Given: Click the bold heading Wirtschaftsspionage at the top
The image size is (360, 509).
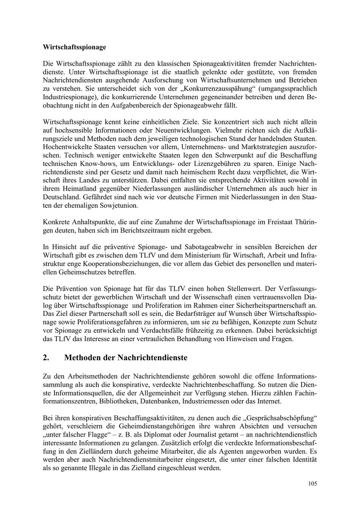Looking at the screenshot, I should (x=74, y=47).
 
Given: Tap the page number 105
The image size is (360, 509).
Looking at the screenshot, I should (x=312, y=483).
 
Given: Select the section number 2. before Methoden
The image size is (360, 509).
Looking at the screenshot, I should (x=46, y=358).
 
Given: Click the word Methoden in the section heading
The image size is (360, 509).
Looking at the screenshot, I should (x=82, y=358).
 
